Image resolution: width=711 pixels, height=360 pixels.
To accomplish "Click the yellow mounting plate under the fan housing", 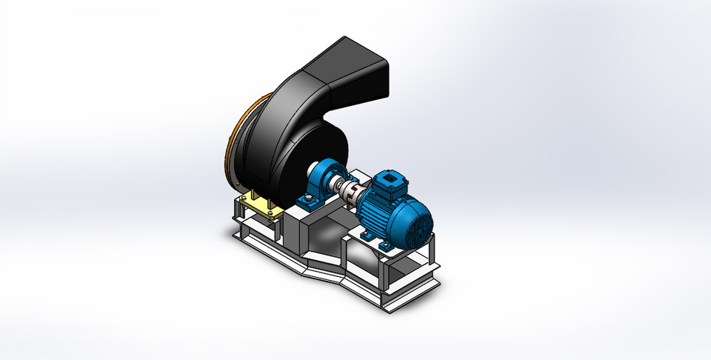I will pyautogui.click(x=261, y=205).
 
